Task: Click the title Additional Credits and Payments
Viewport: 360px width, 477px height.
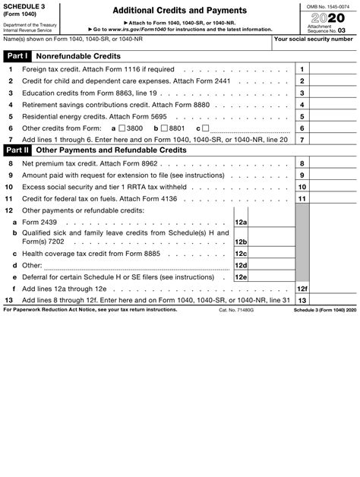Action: tap(179, 11)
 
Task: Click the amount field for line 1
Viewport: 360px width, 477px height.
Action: tap(333, 68)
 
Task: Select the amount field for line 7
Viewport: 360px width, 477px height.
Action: tap(333, 139)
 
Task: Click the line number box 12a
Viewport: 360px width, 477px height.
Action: tap(242, 222)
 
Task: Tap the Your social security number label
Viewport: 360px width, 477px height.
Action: tap(313, 39)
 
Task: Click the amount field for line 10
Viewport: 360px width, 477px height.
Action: tap(333, 186)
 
